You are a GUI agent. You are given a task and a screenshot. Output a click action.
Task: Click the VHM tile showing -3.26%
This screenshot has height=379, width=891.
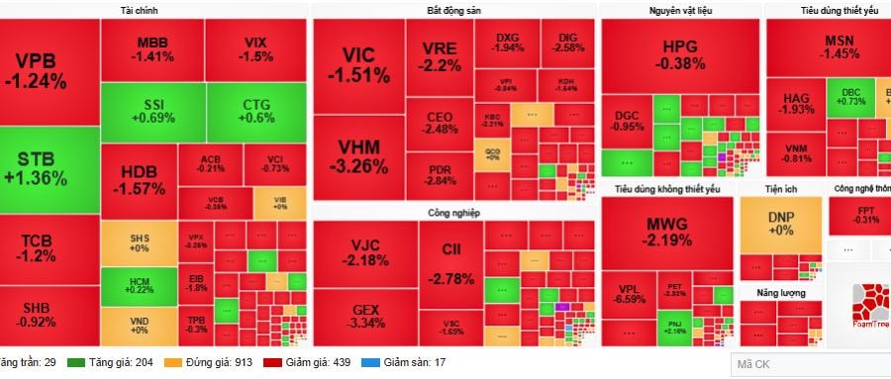[x=362, y=157]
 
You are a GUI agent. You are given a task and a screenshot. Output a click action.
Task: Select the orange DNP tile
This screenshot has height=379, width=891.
[x=781, y=223]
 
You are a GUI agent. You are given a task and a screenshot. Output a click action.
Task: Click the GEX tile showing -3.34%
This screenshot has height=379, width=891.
[x=366, y=316]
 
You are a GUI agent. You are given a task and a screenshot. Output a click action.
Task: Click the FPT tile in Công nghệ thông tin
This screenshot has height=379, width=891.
[x=865, y=214]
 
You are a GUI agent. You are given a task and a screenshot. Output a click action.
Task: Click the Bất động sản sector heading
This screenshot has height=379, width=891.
[x=454, y=10]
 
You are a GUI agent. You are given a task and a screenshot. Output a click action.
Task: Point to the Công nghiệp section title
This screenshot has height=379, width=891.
[x=452, y=212]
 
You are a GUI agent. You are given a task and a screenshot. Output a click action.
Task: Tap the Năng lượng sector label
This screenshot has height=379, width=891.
[x=780, y=293]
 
